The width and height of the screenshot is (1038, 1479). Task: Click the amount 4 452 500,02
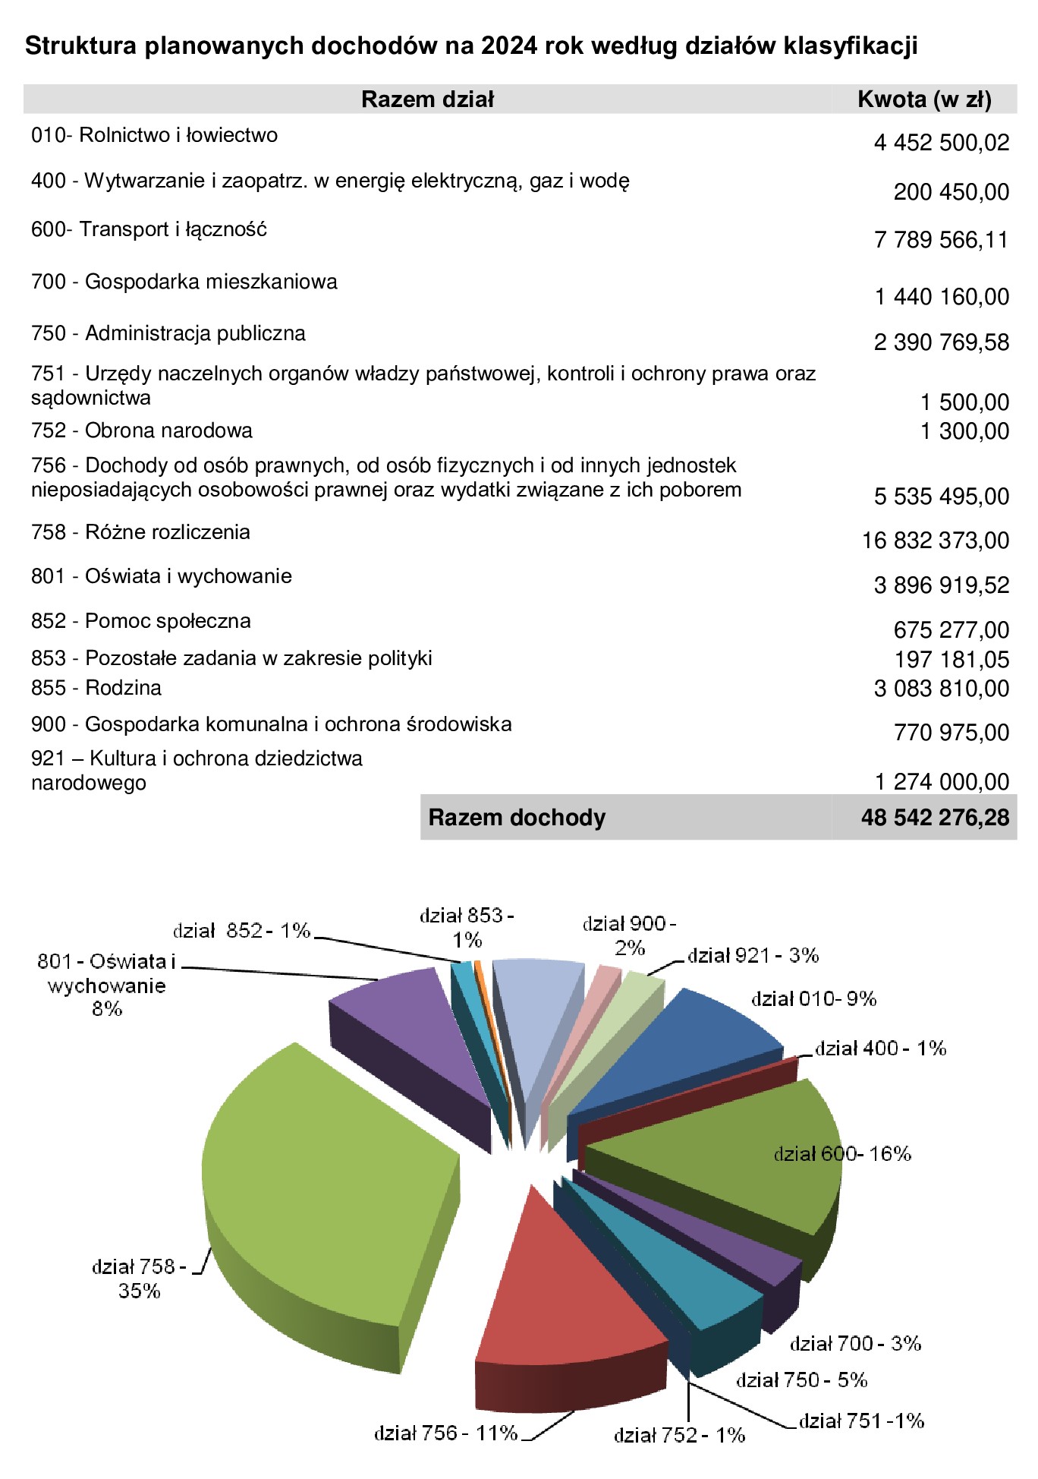[941, 143]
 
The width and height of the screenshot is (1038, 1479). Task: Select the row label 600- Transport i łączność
[149, 229]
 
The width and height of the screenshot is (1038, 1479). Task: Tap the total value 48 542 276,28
[935, 818]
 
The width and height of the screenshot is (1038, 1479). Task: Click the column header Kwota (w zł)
[924, 99]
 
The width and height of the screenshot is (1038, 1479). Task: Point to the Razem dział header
[427, 99]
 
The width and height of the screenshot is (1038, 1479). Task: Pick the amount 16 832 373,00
[935, 541]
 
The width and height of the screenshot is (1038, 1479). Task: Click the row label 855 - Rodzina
[96, 688]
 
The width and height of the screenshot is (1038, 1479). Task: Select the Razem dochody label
[517, 818]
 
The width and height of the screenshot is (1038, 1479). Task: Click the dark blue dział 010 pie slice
[683, 1048]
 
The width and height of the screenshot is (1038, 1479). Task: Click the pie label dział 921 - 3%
[753, 956]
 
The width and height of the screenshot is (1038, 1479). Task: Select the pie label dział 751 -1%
[861, 1421]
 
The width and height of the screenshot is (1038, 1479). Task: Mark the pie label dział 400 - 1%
[880, 1049]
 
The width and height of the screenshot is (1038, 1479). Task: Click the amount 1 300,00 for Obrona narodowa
[964, 431]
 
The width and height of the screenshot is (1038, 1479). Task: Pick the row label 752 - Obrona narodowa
[142, 430]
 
